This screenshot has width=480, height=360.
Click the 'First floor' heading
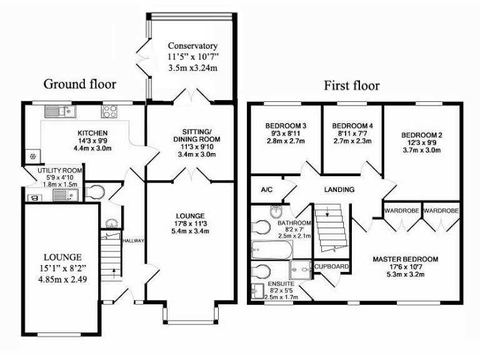[352, 85]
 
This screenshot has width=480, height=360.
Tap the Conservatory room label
[192, 46]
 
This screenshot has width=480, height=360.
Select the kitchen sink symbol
[59, 112]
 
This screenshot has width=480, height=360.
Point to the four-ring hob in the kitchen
[109, 112]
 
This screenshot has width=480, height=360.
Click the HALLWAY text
[134, 241]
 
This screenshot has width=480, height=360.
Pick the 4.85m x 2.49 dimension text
[61, 279]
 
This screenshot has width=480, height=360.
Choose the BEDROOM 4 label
[353, 125]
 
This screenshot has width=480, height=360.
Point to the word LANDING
[340, 189]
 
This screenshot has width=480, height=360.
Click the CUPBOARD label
[331, 266]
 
